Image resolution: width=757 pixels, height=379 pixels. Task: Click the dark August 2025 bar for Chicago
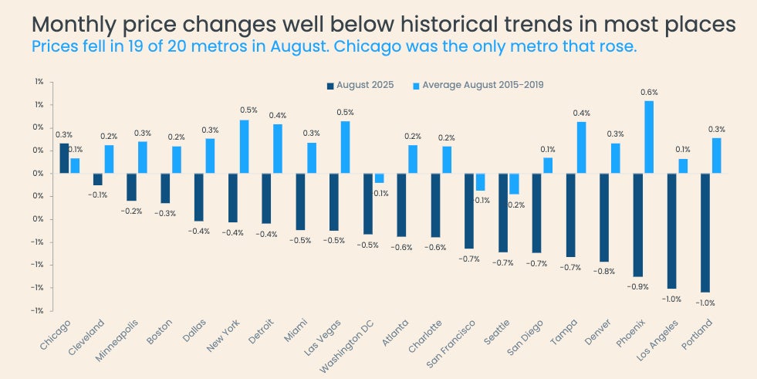coord(64,158)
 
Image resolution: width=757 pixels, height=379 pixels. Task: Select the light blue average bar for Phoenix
coord(649,137)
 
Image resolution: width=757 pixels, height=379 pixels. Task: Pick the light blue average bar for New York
coord(244,146)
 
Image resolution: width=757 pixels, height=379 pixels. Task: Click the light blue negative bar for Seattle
coord(514,183)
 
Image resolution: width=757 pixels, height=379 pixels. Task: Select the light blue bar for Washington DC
coord(379,178)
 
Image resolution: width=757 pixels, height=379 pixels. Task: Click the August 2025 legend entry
coord(360,85)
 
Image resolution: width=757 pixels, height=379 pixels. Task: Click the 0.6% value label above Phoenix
coord(649,92)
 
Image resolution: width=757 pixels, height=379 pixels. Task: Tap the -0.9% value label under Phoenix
coord(637,286)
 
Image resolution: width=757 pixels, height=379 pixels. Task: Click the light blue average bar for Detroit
coord(277,148)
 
